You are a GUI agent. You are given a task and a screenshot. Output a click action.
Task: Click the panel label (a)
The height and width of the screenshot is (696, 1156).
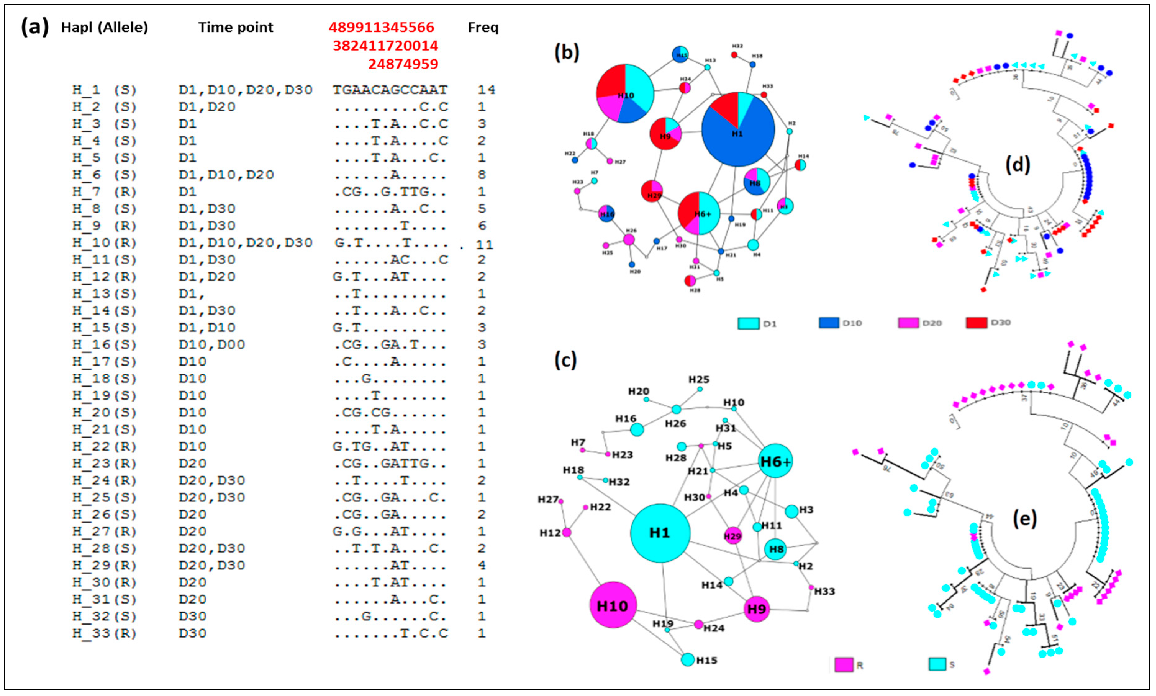tap(34, 27)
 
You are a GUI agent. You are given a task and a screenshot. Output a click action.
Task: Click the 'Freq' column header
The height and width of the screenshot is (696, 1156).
tap(483, 27)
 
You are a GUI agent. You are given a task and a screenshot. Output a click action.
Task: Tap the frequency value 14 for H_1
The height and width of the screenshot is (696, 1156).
tap(486, 90)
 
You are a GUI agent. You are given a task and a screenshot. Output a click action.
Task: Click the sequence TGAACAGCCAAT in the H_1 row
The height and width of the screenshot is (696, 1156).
tap(390, 90)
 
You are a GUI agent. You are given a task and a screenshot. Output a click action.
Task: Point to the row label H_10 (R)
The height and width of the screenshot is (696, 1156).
tap(104, 242)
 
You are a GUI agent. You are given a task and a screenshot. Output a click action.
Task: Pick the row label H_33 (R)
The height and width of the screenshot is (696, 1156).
tap(104, 633)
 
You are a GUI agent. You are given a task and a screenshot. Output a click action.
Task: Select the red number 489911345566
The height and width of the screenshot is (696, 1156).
tap(381, 27)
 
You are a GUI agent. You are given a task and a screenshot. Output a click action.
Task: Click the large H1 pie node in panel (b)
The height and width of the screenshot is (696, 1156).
tap(737, 129)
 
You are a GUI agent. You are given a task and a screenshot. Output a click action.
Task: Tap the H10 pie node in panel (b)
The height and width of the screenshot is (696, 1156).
tap(625, 94)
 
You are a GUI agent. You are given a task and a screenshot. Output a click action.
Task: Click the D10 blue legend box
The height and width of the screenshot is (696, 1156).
tap(828, 323)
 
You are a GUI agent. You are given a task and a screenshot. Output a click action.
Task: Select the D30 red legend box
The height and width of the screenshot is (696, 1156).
tap(976, 323)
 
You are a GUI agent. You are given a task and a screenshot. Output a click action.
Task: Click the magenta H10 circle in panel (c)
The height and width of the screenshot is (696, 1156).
tap(613, 605)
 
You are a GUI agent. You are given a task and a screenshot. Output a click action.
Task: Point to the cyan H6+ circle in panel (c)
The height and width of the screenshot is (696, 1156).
tap(775, 461)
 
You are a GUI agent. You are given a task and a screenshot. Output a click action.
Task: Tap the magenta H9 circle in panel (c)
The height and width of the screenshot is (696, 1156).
tap(756, 609)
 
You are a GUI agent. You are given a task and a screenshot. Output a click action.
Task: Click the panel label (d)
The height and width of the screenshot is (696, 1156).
tap(1017, 165)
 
